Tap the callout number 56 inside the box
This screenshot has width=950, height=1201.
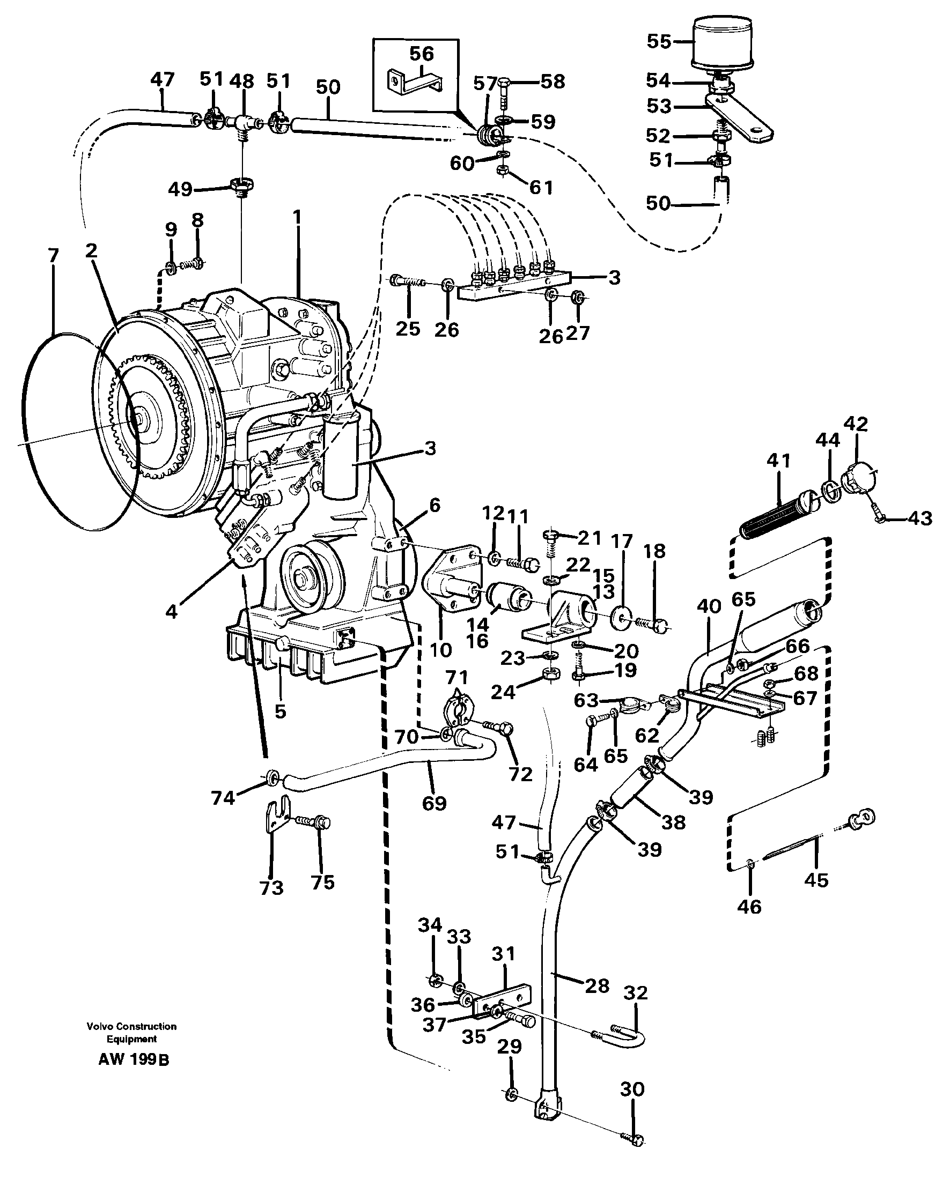[x=421, y=54]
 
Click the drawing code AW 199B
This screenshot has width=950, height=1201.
[x=134, y=1060]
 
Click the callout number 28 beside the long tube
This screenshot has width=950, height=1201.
[x=597, y=987]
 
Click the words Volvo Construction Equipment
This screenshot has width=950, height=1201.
[x=131, y=1033]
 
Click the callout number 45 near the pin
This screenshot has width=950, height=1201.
[x=816, y=880]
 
